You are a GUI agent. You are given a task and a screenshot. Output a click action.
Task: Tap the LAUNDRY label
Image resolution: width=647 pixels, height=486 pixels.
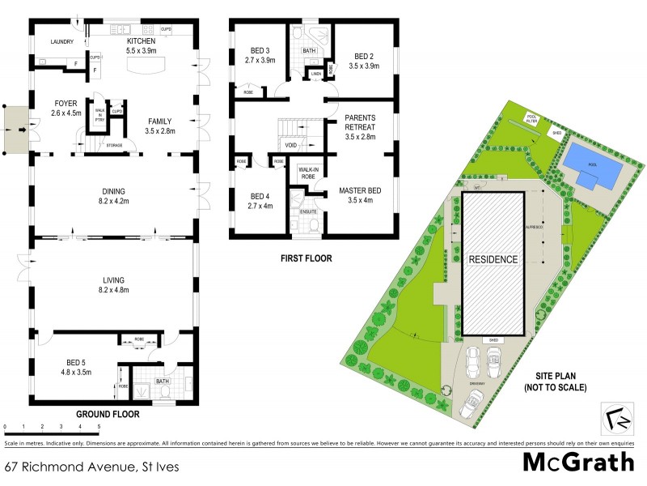point(62,42)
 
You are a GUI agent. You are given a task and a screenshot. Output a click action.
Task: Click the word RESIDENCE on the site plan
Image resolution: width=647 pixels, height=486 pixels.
point(493,259)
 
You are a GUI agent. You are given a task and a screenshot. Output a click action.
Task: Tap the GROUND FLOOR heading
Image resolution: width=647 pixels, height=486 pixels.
point(108,414)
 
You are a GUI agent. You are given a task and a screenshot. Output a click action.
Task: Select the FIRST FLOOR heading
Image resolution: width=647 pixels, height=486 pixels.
point(305,259)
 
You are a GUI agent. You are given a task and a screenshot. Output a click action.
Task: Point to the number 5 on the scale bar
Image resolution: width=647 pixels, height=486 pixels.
point(99,425)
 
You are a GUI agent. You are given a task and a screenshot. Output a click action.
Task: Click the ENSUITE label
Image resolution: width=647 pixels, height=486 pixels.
point(308,212)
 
